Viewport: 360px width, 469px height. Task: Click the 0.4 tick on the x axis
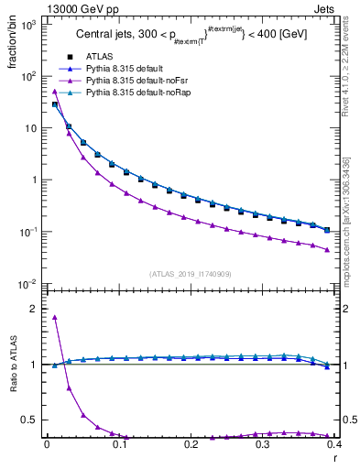[x=333, y=443]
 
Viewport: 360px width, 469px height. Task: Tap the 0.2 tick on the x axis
[x=190, y=443]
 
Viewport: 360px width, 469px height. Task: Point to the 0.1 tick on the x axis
[x=118, y=443]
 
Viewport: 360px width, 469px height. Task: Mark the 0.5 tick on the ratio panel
[x=31, y=420]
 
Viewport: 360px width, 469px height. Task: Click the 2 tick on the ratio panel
[x=35, y=309]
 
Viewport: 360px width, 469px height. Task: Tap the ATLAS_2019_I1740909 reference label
[x=190, y=274]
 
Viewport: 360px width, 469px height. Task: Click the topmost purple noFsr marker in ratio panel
[x=54, y=317]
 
